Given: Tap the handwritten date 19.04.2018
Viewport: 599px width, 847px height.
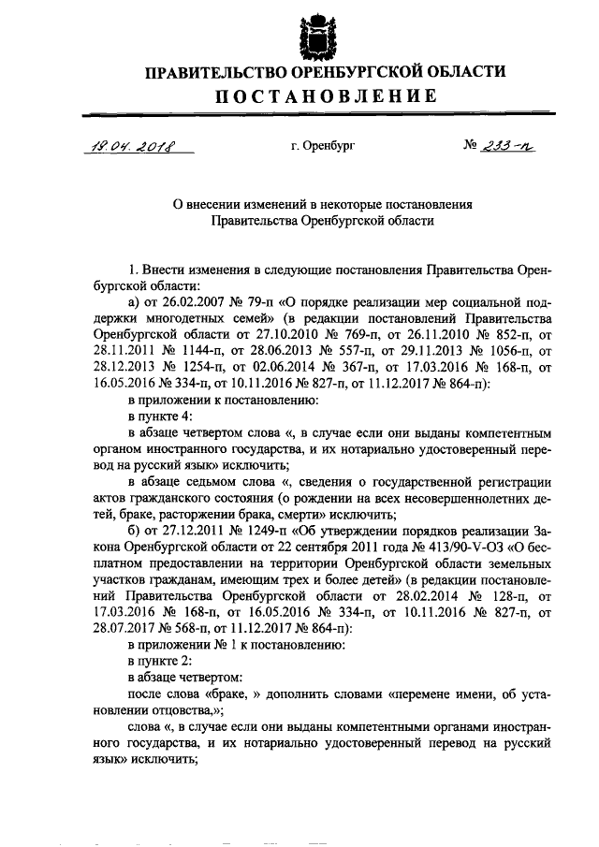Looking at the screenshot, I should [x=135, y=146].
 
